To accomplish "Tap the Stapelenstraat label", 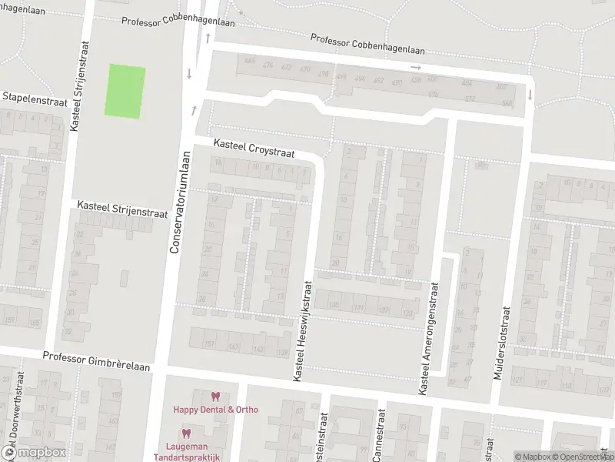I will [x=35, y=97].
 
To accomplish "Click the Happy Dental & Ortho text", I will [x=215, y=410].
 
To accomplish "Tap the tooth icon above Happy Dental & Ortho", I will [x=215, y=397].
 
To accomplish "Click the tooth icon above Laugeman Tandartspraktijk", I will [x=185, y=434].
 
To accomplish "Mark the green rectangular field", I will [x=125, y=91].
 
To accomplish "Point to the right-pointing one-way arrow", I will [x=416, y=68].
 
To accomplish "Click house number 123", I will [x=407, y=313].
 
